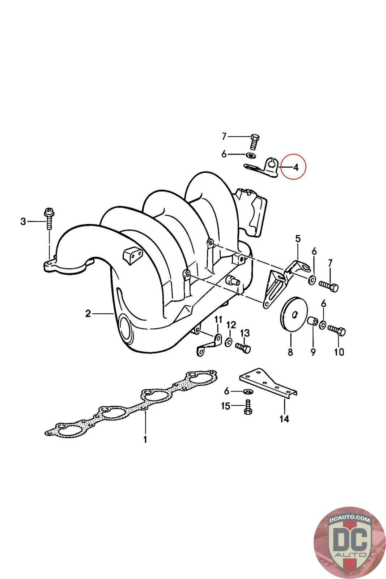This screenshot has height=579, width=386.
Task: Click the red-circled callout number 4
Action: point(296,168)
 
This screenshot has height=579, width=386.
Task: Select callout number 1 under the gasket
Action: point(145,440)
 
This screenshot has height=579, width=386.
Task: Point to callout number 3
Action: point(23,221)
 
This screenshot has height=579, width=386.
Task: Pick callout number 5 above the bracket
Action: point(298,238)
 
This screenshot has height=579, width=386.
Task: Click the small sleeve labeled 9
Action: point(313,321)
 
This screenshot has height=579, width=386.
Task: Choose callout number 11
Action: point(218,319)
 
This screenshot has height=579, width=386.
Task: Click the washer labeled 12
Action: point(229,342)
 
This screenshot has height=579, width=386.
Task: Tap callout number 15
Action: point(225,406)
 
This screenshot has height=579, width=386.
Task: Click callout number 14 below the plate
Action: point(284,419)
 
